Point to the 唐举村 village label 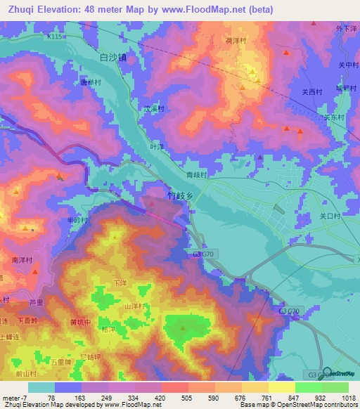coord(91,82)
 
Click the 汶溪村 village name coord(153,110)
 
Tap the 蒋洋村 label coord(236,41)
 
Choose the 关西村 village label coord(311,91)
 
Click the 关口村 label coord(330,216)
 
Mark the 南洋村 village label coord(22,260)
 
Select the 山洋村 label coord(134,306)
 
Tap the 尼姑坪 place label coord(91,358)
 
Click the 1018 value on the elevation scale coord(348,398)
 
